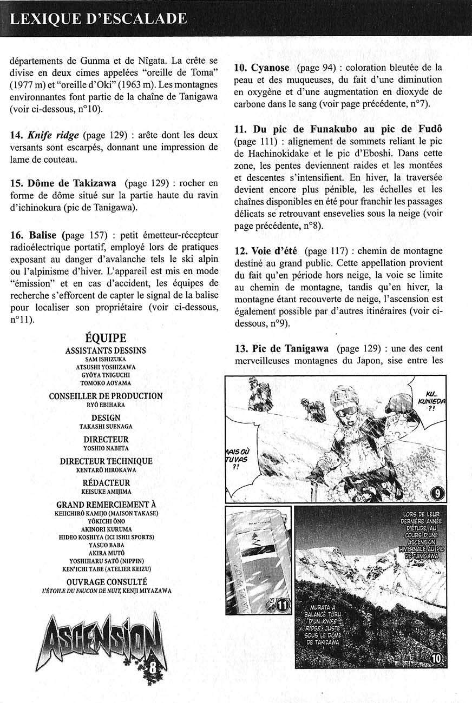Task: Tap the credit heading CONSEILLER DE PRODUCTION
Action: tap(106, 396)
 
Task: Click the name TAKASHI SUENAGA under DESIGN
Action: tap(106, 426)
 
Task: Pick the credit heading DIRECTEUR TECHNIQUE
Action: tap(106, 461)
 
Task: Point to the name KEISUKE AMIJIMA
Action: tap(106, 492)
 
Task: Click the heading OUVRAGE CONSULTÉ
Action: tap(106, 582)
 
